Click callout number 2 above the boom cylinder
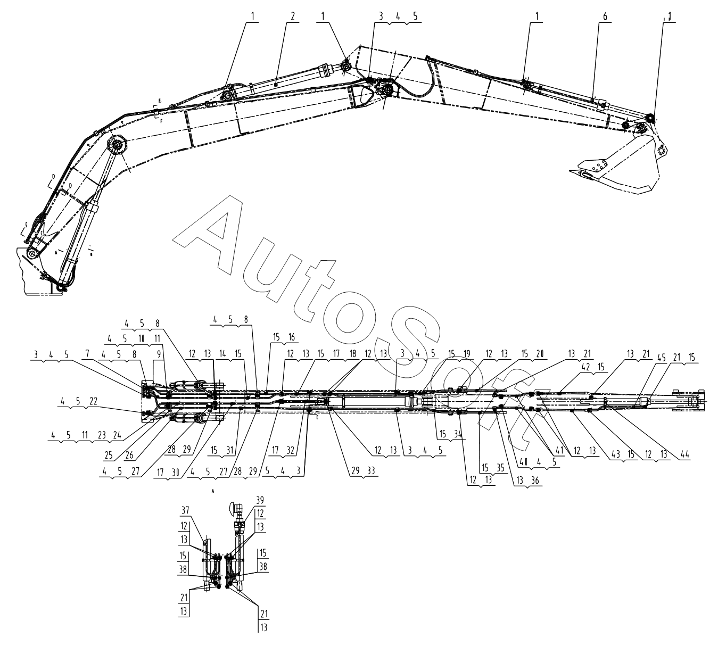(292, 16)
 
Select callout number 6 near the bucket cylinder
(605, 16)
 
